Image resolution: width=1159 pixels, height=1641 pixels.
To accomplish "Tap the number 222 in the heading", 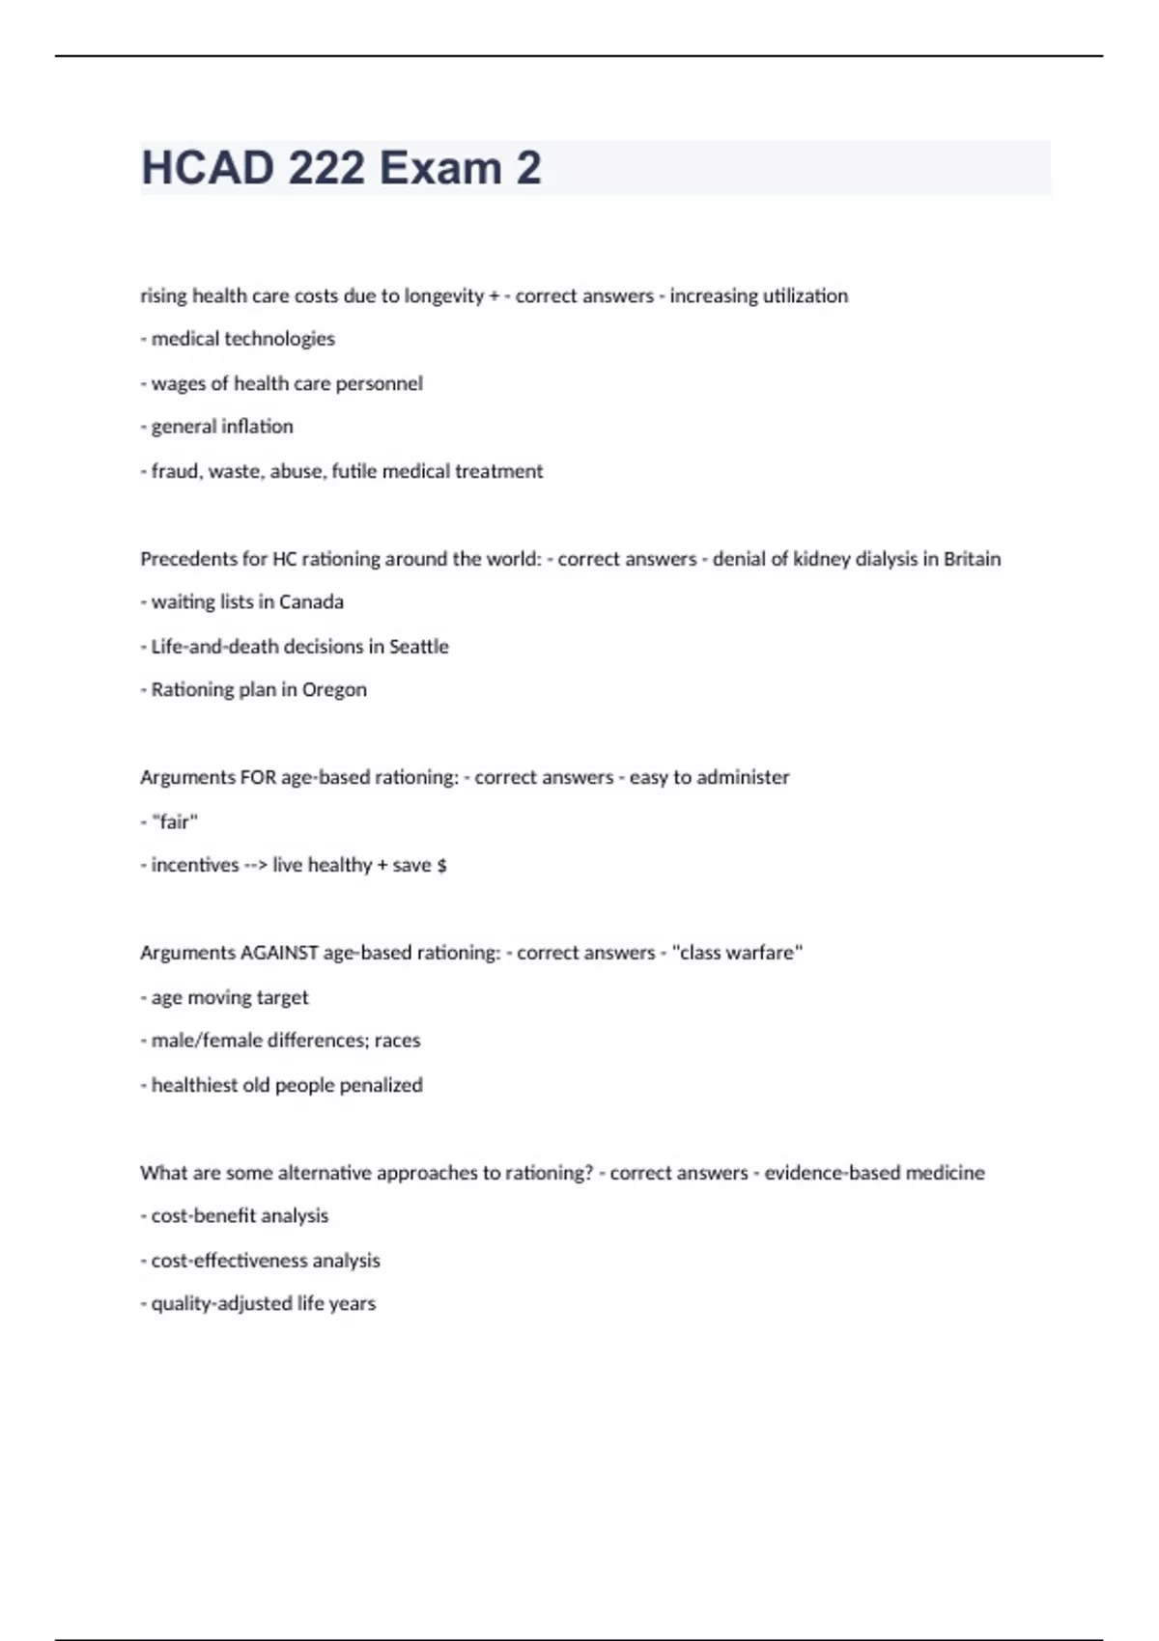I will click(326, 168).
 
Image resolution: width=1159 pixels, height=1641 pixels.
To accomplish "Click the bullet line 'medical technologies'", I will click(242, 339).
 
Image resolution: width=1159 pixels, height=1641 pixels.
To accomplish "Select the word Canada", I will click(311, 602).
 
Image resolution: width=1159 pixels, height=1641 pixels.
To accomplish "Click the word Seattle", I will click(418, 647).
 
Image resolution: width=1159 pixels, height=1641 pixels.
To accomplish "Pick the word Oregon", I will click(334, 690).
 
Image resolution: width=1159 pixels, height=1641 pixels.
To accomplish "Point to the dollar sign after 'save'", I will click(441, 865).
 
